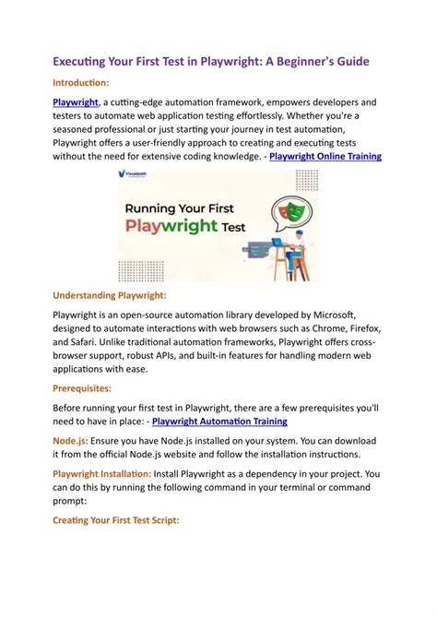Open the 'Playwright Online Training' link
pos(325,157)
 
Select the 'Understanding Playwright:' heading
pos(109,295)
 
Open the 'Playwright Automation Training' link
pos(218,422)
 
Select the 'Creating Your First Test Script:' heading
pos(115,521)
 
